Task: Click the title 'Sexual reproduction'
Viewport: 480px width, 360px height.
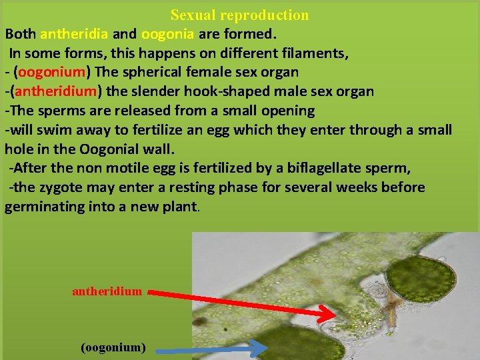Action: coord(239,15)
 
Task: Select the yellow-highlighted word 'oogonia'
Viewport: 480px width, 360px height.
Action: coord(167,33)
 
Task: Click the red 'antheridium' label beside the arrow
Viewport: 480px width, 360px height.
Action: coord(107,291)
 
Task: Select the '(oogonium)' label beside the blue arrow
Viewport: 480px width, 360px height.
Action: coord(113,347)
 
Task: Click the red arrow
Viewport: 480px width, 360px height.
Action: coord(241,301)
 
